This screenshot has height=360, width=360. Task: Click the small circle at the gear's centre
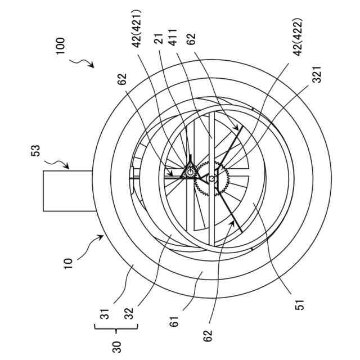pyautogui.click(x=211, y=179)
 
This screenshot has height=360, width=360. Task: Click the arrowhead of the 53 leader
pyautogui.click(x=68, y=167)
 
